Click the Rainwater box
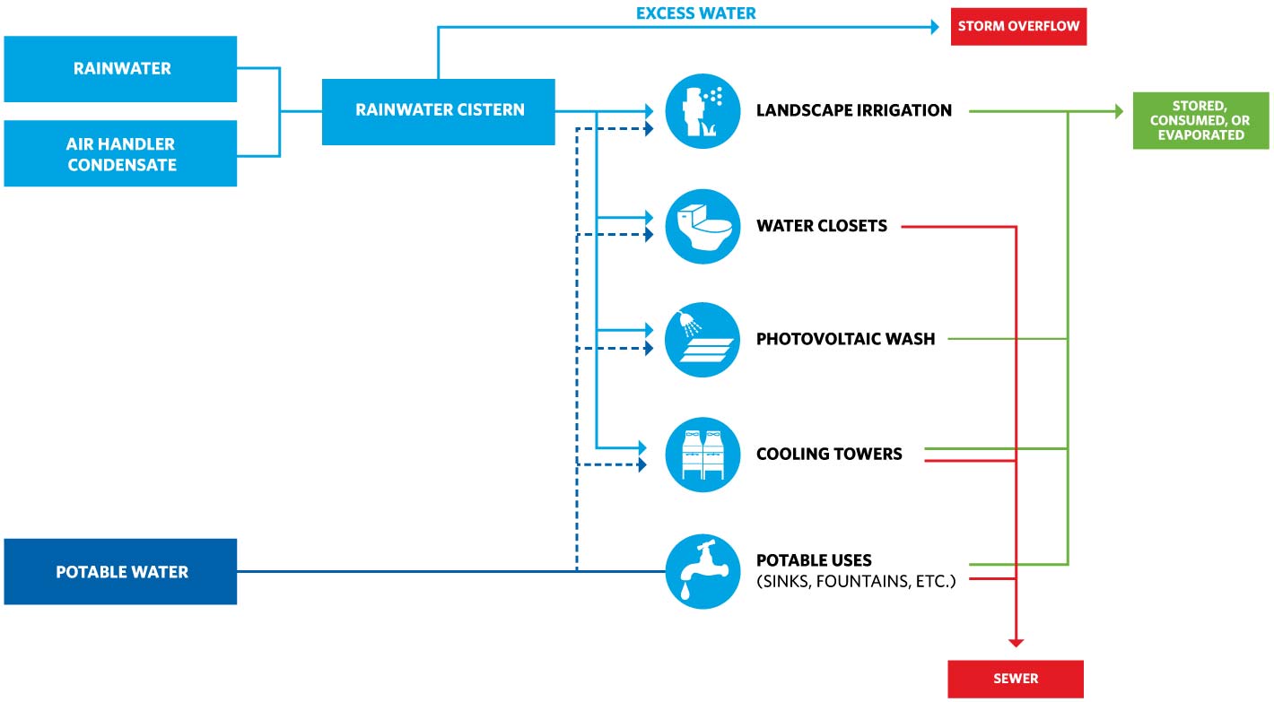(120, 69)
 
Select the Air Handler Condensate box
(120, 154)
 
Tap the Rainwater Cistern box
(439, 111)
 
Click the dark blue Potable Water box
(120, 572)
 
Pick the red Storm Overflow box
(1018, 26)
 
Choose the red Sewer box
(1016, 679)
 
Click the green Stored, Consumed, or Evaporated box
(1200, 121)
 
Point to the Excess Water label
(696, 13)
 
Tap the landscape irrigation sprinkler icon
(702, 111)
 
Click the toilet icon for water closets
(702, 226)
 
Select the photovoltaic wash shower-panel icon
(702, 340)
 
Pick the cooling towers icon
(702, 454)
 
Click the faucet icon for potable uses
(702, 571)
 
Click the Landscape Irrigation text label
(853, 111)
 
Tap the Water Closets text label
(821, 226)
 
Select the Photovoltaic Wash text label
(845, 340)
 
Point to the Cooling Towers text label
(829, 454)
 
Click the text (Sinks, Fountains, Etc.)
(856, 582)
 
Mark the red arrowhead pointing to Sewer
(1016, 642)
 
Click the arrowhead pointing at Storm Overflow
(934, 27)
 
